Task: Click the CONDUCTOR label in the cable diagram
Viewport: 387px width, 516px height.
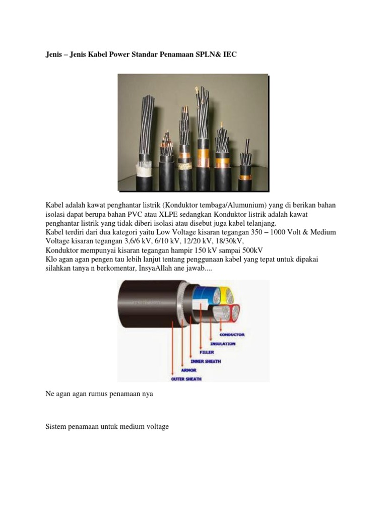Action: pos(232,334)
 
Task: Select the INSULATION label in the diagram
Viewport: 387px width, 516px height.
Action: pos(222,344)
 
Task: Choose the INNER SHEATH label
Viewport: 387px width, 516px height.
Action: pos(205,361)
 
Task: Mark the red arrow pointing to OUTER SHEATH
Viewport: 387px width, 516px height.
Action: pos(173,348)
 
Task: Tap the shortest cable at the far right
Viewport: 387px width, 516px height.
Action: pos(246,161)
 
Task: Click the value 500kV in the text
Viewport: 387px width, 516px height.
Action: pos(252,250)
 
